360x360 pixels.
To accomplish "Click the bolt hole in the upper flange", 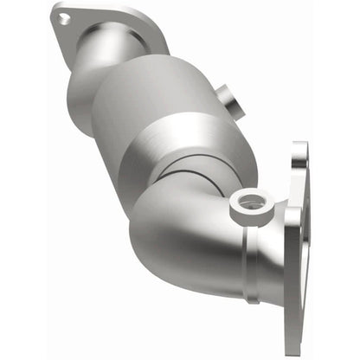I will tap(63, 16).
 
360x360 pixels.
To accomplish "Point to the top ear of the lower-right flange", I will tap(299, 156).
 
